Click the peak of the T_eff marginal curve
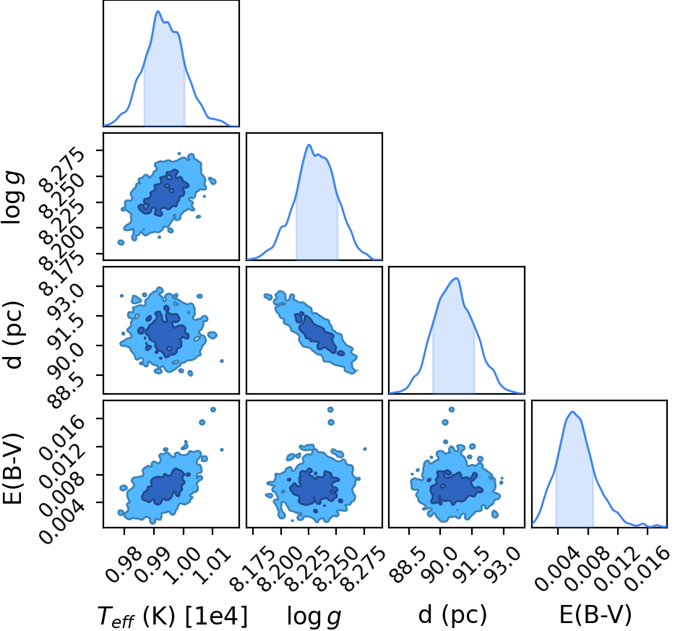pos(158,11)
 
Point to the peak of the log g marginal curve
pos(309,145)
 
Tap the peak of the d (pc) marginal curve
pos(456,278)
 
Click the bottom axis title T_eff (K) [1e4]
pos(173,616)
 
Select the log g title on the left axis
pos(13,197)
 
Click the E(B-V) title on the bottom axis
pos(596,614)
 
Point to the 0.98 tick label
pos(123,564)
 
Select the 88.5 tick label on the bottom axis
pos(406,565)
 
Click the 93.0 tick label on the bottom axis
pos(502,565)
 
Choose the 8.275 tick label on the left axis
pos(61,171)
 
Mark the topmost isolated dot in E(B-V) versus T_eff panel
pos(212,409)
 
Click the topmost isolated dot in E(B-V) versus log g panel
pos(330,410)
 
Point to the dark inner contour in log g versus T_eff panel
pos(163,193)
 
